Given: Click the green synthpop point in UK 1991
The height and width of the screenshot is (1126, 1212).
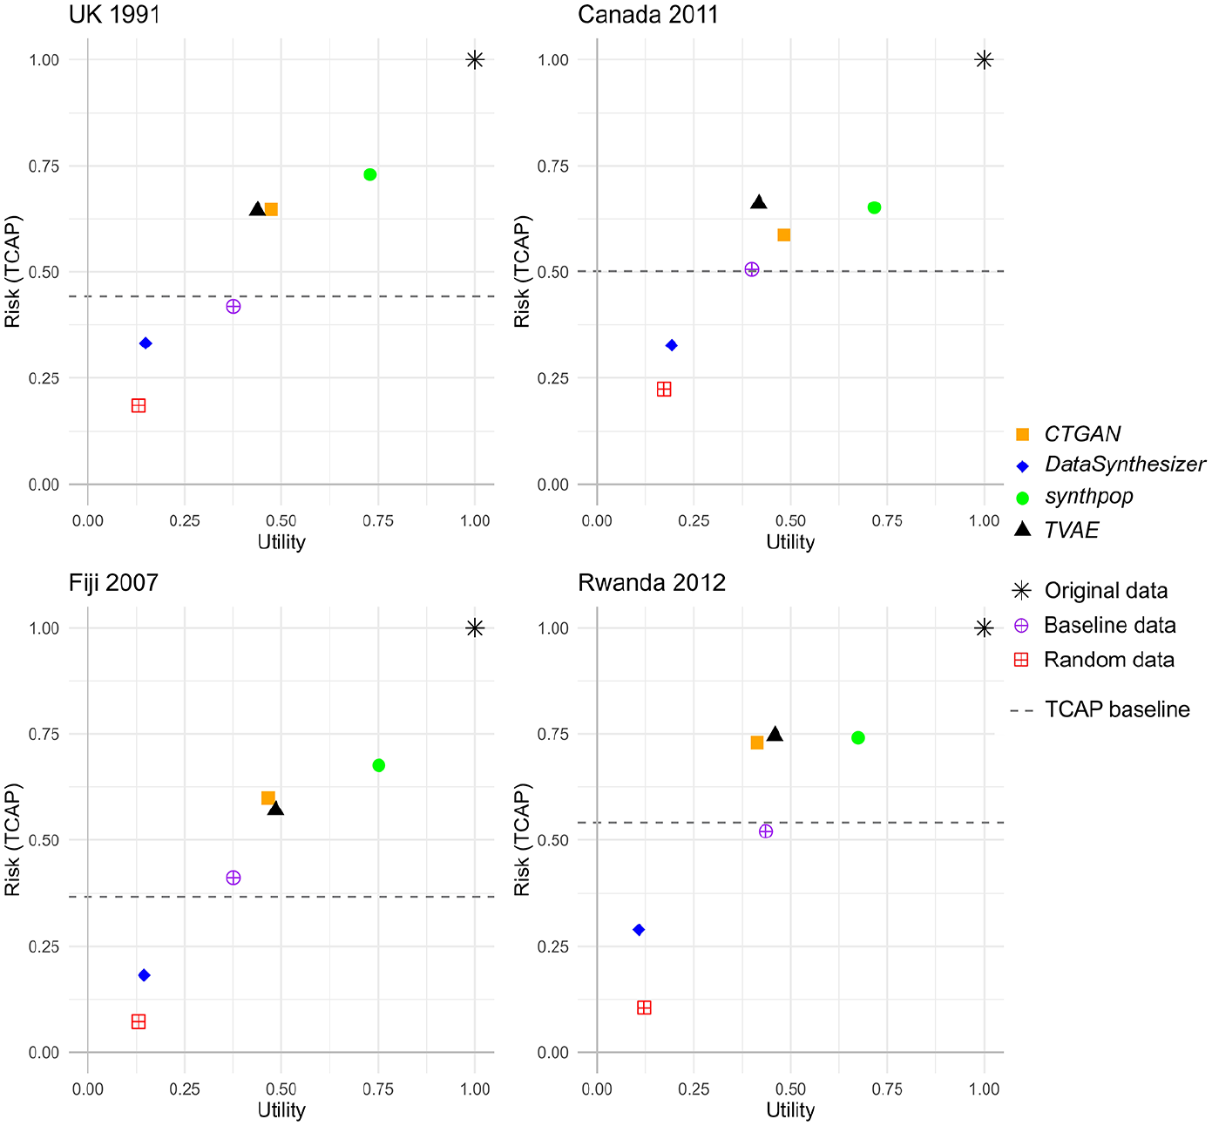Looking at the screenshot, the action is (x=369, y=174).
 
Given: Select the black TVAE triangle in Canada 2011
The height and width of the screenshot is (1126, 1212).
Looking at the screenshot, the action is (x=759, y=202).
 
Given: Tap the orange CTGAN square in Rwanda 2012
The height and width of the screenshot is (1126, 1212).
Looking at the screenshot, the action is (x=757, y=743).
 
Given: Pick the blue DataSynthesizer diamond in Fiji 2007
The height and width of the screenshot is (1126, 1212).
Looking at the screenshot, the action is (x=144, y=975).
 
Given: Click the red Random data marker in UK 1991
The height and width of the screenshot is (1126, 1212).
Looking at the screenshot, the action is (x=139, y=405).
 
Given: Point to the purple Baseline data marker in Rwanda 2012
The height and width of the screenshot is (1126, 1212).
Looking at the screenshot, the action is (x=766, y=831).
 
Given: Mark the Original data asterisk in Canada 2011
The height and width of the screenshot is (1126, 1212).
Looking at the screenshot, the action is (x=984, y=60).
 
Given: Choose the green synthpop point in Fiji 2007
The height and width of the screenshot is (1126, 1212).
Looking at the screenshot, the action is (x=378, y=765).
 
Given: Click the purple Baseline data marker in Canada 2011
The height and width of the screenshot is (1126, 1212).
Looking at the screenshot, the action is (x=752, y=269).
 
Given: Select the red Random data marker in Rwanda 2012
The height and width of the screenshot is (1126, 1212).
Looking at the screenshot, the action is (x=644, y=1007).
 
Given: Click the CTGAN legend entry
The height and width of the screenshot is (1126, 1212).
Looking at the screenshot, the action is (x=1068, y=434).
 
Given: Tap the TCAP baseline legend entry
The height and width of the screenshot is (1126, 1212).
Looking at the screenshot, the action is (x=1100, y=709).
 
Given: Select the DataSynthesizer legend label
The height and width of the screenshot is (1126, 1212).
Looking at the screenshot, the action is (x=1125, y=465).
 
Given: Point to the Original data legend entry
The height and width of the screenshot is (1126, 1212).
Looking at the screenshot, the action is (x=1090, y=591).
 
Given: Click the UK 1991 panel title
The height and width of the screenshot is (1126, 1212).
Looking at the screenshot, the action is (x=114, y=15).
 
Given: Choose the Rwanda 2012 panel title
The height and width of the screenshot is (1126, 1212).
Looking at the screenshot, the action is (x=652, y=582).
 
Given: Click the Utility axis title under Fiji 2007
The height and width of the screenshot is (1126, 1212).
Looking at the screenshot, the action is (x=281, y=1109).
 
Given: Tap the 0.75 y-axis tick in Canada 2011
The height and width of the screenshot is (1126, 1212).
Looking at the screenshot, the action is (x=553, y=166).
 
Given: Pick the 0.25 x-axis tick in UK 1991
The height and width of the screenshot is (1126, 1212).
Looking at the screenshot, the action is (x=185, y=521).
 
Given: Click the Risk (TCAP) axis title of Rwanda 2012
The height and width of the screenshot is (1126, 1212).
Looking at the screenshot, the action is (x=522, y=839).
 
